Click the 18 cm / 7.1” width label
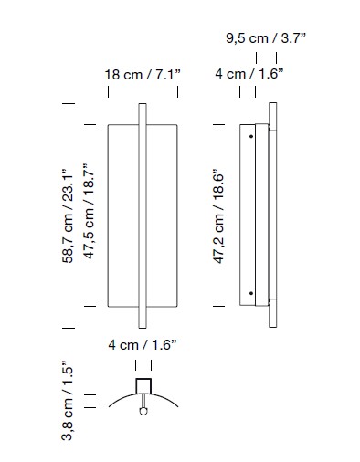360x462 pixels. point(143,75)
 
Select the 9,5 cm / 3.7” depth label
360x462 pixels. point(266,38)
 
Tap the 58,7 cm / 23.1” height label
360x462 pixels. point(68,215)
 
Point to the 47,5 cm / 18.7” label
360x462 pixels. point(90,211)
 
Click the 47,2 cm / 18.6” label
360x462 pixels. point(218,215)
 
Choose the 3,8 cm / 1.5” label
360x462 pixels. point(68,401)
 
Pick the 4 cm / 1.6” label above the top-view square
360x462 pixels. point(143,345)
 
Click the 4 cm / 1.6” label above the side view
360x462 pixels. point(249,74)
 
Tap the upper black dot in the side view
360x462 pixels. point(251,137)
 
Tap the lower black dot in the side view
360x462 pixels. point(251,293)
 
